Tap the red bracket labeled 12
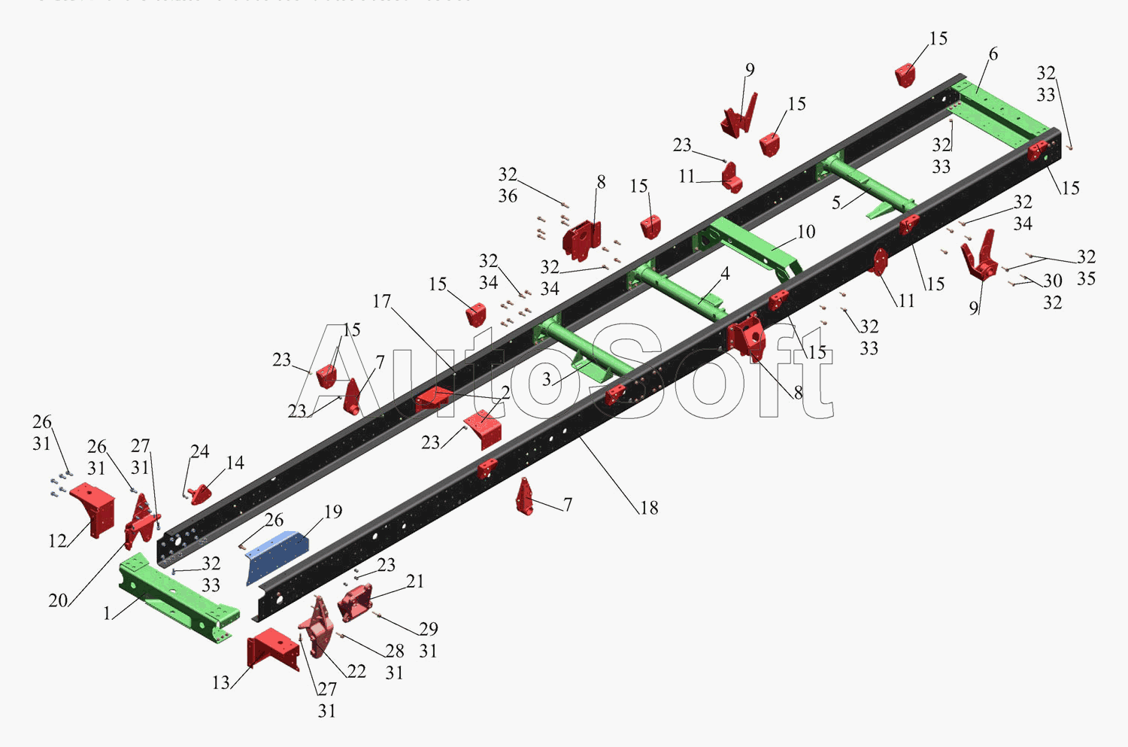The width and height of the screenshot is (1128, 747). point(94,508)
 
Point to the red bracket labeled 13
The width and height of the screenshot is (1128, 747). point(272,648)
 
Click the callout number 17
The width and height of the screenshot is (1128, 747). point(382,302)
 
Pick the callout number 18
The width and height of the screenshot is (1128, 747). point(649,509)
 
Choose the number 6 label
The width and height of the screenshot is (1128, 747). point(993,54)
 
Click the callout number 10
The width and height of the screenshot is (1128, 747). point(806,232)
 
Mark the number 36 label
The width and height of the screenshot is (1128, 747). point(508,196)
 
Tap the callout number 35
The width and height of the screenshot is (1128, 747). point(1086,279)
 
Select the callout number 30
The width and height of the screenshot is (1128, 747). point(1052,281)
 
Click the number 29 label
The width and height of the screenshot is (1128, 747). point(429,629)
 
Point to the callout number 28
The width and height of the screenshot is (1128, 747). point(395,651)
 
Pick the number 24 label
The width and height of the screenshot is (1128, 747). point(199,451)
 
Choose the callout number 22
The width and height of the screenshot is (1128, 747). point(356,671)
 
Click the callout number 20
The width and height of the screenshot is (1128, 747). point(58,600)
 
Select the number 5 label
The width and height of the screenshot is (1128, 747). point(836,203)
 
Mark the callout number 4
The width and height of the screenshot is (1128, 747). point(725,273)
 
